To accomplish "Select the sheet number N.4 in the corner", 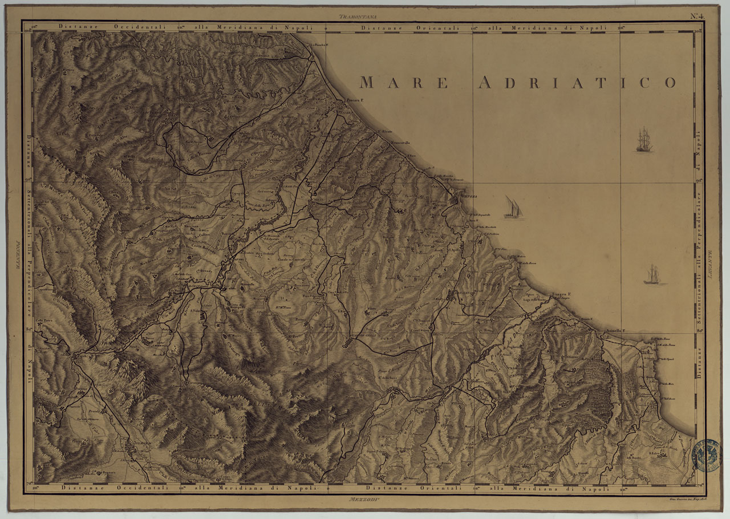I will [x=697, y=16].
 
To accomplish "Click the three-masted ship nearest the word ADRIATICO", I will [x=644, y=140].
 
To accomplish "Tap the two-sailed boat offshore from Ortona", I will [x=513, y=208].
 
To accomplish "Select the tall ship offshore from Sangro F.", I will [x=652, y=275].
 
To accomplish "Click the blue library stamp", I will [x=705, y=455].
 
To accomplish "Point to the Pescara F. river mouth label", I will [x=355, y=100].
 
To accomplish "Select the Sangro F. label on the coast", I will [x=561, y=294].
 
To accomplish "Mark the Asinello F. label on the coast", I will [x=616, y=331].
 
